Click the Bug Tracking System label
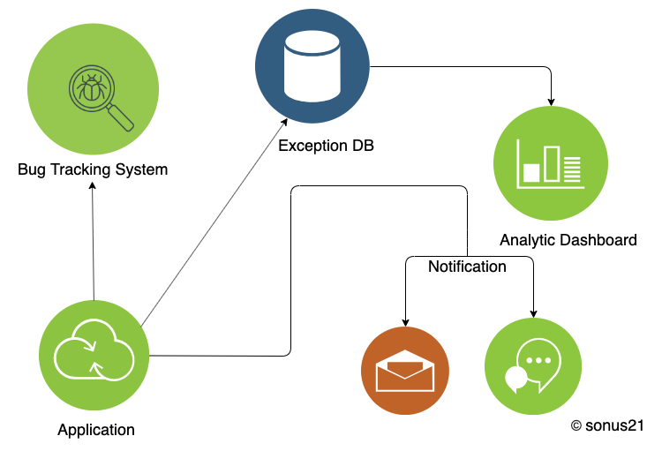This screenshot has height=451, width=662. tap(93, 169)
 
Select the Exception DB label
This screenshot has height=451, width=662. tap(326, 146)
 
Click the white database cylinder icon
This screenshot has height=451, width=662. tap(312, 66)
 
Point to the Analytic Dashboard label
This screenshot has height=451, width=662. tap(568, 239)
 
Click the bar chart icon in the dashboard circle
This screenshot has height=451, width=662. tap(551, 166)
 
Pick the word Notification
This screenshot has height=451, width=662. tap(467, 267)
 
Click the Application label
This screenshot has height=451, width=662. tap(96, 430)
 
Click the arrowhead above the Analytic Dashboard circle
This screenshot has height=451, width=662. tap(552, 100)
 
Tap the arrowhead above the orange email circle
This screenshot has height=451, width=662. tap(405, 322)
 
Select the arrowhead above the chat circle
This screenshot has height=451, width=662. tap(534, 312)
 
